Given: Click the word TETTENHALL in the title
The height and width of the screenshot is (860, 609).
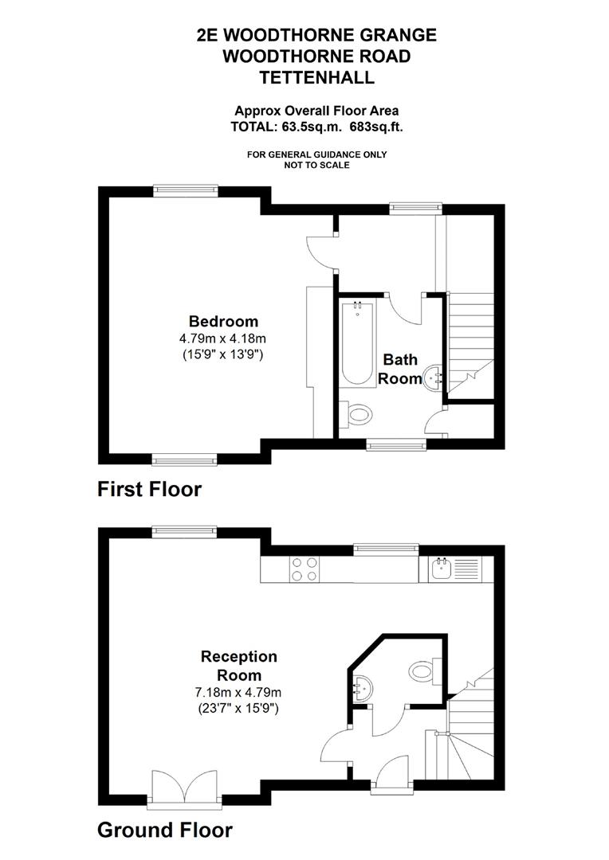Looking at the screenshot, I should (316, 77).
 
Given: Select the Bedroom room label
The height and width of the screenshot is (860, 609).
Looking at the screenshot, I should (223, 322).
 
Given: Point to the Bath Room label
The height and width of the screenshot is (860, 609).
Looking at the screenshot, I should (399, 369).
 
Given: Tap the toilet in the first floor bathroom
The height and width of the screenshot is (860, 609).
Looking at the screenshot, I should (356, 414).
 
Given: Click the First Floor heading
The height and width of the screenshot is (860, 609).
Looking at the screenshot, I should (149, 488).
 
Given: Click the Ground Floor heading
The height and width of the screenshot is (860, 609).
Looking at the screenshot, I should (164, 831).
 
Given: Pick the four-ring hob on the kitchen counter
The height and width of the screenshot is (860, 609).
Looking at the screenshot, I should (304, 569).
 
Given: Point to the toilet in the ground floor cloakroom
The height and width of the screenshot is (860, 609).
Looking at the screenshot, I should (422, 671).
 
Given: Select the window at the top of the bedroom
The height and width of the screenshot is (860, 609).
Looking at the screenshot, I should (185, 190).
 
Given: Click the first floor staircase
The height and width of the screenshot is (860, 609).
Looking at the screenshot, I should (470, 342).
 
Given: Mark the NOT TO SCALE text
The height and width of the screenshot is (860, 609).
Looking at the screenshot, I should (316, 165).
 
